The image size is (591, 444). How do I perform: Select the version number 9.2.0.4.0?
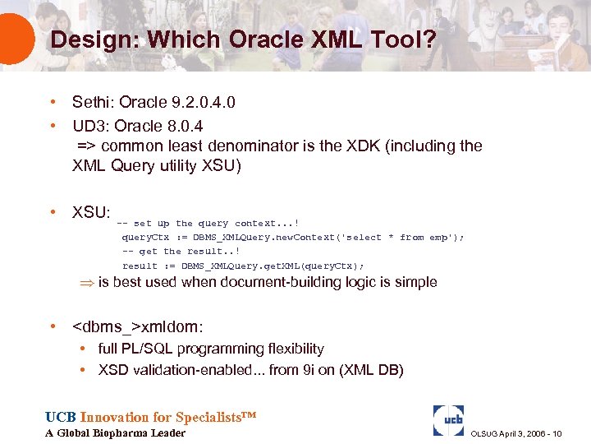pos(199,103)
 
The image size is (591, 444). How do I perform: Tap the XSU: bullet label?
pos(91,212)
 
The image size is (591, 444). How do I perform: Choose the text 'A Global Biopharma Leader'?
pos(115,433)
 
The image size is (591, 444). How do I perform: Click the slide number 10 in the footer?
pos(557,433)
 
